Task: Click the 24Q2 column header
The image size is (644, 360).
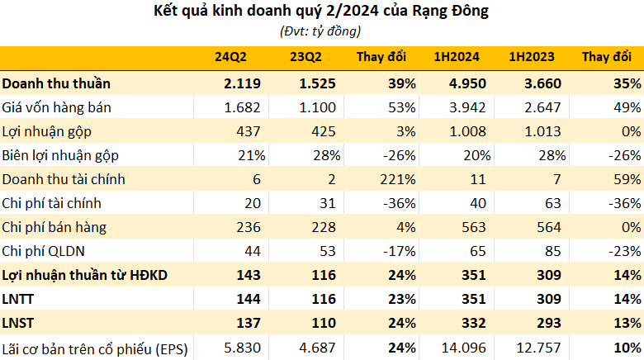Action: coord(230,57)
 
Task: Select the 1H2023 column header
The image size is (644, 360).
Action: coord(532,57)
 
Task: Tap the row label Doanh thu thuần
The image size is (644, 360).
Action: coord(56,83)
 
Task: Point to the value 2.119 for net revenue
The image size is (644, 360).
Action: coord(242,83)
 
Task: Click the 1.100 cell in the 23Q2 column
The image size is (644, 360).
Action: coord(318,107)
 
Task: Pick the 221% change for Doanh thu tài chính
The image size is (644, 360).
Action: coord(398,180)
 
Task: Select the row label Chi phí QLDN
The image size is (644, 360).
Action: coord(43,251)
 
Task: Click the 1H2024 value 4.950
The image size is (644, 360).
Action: coord(467,83)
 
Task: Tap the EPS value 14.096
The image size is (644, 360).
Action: coord(464,348)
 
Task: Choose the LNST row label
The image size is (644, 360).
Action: coord(18,323)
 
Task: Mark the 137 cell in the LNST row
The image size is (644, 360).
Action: coord(249,323)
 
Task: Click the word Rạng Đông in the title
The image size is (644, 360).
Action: coord(450,11)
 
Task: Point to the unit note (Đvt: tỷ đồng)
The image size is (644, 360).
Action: coord(320,31)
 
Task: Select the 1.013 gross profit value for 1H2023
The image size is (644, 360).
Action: coord(542,131)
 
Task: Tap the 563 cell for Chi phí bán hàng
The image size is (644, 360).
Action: coord(474,227)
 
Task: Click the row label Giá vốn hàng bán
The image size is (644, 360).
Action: coord(56,107)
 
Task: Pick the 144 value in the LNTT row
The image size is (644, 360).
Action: coord(249,299)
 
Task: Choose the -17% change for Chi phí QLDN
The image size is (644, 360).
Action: coord(400,251)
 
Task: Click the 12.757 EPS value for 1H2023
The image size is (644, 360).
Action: coord(538,348)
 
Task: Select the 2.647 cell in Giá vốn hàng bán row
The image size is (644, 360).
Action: coord(542,107)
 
